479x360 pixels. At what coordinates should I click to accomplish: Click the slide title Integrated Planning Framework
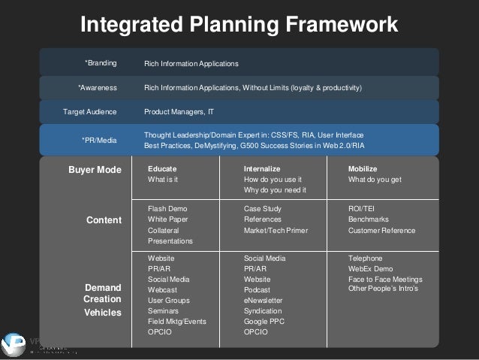tap(239, 25)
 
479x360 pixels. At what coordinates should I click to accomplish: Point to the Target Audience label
tap(90, 112)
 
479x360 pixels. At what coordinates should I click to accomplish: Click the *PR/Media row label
tap(99, 139)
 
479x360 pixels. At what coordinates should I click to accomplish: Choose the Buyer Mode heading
tap(95, 170)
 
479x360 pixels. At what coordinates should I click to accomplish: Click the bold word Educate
tap(162, 169)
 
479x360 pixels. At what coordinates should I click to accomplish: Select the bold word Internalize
tap(262, 169)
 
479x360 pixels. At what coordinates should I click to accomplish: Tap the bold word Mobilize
tap(363, 169)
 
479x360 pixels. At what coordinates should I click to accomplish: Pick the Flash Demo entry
tap(167, 208)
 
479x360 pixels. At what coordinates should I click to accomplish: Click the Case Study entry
tap(263, 208)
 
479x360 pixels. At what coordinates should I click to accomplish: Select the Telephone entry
tap(366, 258)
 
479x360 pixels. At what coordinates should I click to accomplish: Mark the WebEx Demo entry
tap(370, 268)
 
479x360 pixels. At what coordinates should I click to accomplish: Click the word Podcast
tap(258, 289)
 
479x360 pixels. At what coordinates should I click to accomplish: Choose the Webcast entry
tap(163, 289)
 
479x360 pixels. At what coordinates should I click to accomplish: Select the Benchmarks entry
tap(369, 219)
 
